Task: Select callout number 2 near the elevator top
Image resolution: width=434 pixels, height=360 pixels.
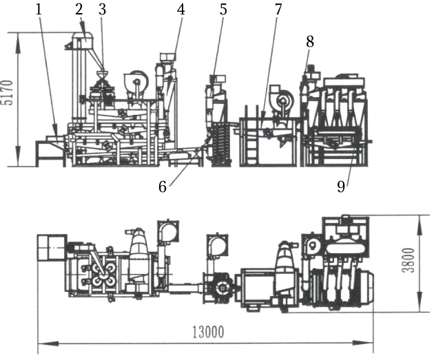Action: point(80,9)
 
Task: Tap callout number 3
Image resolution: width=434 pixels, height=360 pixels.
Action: point(102,9)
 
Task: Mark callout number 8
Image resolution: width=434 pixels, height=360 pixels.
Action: point(310,41)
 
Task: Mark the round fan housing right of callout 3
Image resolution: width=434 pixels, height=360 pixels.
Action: point(136,83)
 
